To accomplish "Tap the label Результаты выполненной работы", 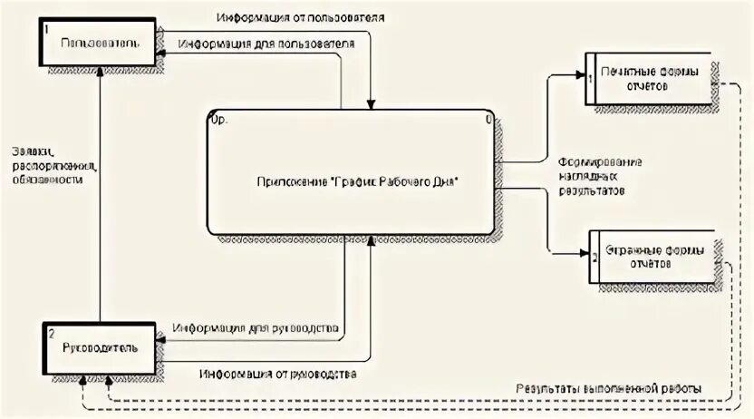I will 609,388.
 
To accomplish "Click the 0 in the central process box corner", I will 488,118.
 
